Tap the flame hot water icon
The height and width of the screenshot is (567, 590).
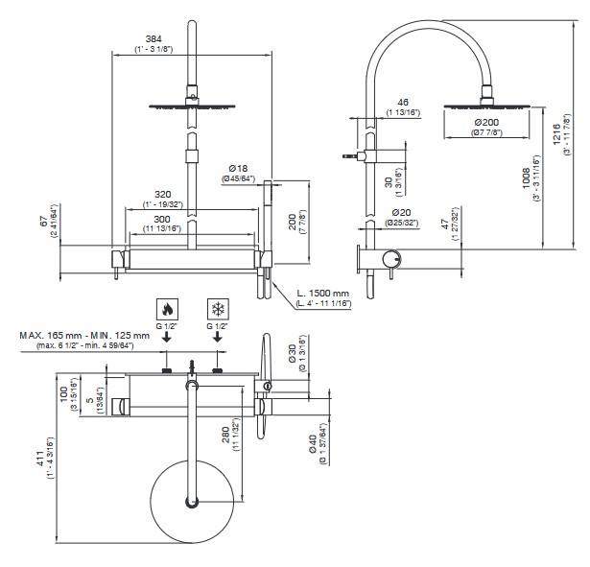[167, 309]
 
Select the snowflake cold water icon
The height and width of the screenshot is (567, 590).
[219, 309]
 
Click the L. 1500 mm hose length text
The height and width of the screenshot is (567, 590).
[322, 293]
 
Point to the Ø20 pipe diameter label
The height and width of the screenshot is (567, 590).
[402, 212]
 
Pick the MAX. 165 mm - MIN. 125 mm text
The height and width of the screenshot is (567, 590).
[84, 335]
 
